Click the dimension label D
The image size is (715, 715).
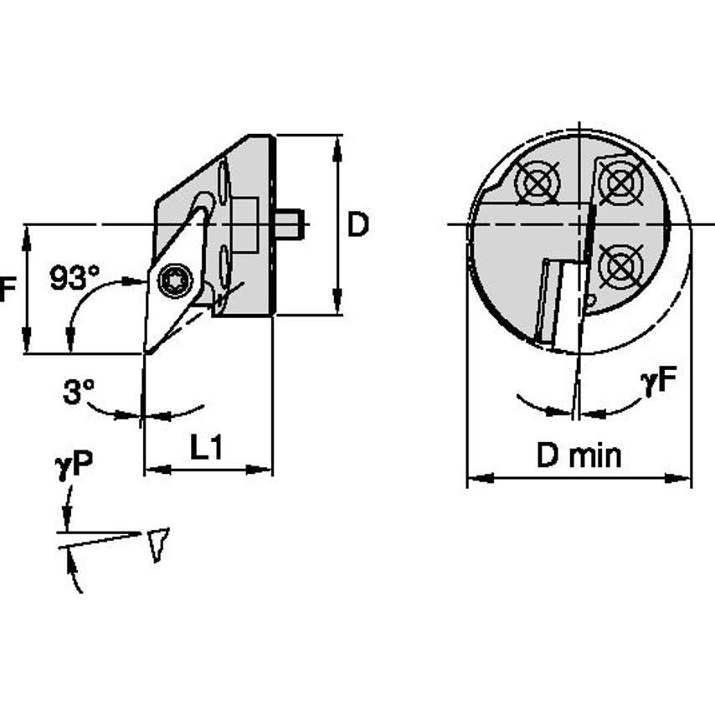pyautogui.click(x=357, y=224)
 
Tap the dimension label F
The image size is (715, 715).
pyautogui.click(x=7, y=290)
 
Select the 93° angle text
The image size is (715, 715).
pyautogui.click(x=74, y=277)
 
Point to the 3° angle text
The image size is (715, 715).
pyautogui.click(x=78, y=391)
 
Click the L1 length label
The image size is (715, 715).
pyautogui.click(x=205, y=449)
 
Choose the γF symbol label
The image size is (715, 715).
pyautogui.click(x=658, y=382)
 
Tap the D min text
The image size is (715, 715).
pyautogui.click(x=579, y=456)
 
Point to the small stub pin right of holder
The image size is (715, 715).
pyautogui.click(x=289, y=224)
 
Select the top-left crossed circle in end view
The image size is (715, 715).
pyautogui.click(x=537, y=182)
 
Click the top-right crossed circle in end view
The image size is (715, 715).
pyautogui.click(x=619, y=181)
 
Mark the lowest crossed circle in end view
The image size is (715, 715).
pyautogui.click(x=619, y=266)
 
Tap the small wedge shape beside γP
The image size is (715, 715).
pyautogui.click(x=157, y=543)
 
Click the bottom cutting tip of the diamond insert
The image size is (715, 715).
pyautogui.click(x=146, y=351)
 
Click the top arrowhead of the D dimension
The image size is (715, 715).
pyautogui.click(x=337, y=144)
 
